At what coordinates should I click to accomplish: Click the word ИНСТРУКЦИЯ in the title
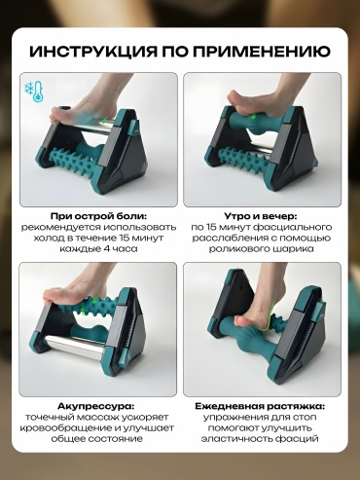pyautogui.click(x=93, y=52)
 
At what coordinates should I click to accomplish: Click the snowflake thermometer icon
pyautogui.click(x=34, y=91)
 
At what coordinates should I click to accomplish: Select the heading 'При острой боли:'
pyautogui.click(x=98, y=216)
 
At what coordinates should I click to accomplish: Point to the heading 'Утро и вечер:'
pyautogui.click(x=261, y=216)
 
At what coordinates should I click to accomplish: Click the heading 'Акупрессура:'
pyautogui.click(x=96, y=406)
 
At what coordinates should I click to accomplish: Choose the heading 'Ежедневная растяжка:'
pyautogui.click(x=260, y=406)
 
